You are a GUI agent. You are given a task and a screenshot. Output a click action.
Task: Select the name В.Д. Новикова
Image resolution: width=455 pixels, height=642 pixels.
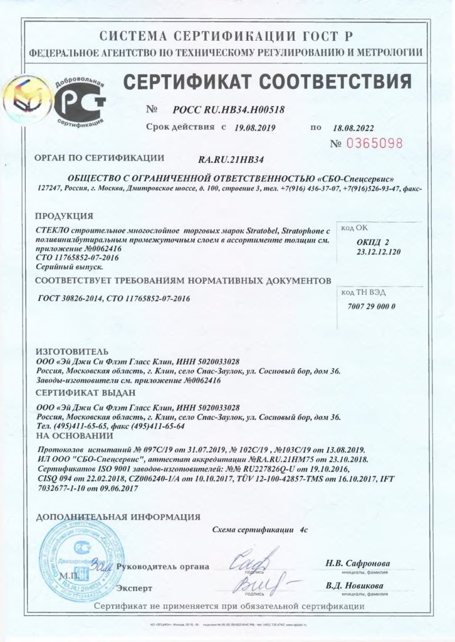tap(355, 586)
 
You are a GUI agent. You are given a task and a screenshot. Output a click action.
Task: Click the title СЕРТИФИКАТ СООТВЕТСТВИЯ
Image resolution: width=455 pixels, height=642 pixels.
tap(266, 82)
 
